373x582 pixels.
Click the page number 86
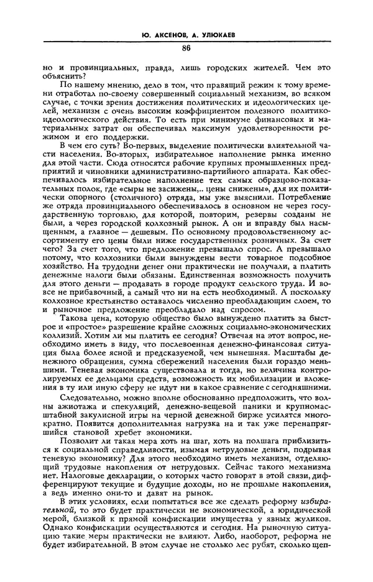point(186,48)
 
